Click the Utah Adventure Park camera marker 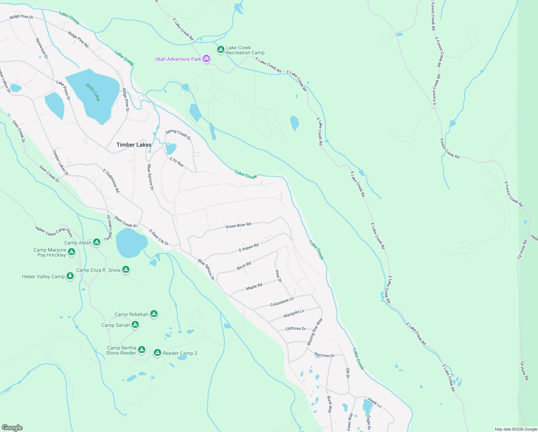click(x=206, y=59)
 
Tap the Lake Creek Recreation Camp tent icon click(x=221, y=49)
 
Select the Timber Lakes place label click(x=134, y=145)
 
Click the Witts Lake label click(x=93, y=92)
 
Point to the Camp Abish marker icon click(x=97, y=242)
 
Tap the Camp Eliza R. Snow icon click(x=126, y=269)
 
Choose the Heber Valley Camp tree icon click(x=70, y=276)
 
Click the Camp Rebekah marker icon click(x=154, y=314)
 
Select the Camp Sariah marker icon click(x=135, y=325)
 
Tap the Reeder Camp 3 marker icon click(x=158, y=353)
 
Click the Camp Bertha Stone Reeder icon click(x=142, y=350)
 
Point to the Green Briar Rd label click(x=238, y=225)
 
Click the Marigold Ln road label click(x=293, y=314)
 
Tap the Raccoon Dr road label click(x=324, y=355)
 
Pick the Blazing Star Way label click(x=315, y=332)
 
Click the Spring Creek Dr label click(x=178, y=134)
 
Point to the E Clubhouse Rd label click(x=111, y=181)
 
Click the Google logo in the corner click(x=12, y=427)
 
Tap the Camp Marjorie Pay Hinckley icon click(x=72, y=252)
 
